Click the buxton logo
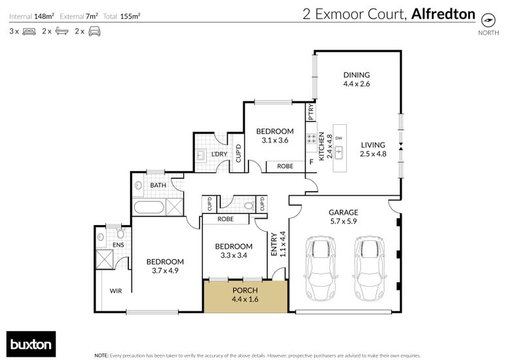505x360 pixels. (31, 344)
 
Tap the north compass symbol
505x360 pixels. (488, 20)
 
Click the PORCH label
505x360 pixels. (245, 291)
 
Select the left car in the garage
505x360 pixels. (321, 268)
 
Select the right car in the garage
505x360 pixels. (370, 268)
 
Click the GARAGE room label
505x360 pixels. (343, 212)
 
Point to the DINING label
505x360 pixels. (357, 75)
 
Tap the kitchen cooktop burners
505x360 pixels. (311, 139)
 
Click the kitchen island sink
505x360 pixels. (339, 153)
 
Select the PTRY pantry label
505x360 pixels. (311, 112)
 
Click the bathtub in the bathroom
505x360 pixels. (149, 207)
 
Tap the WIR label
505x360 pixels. (116, 291)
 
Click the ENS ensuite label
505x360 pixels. (118, 245)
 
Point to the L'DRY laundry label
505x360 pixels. (219, 154)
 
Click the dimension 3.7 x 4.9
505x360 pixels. (165, 271)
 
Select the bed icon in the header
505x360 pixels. (29, 31)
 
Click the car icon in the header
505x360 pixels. (94, 31)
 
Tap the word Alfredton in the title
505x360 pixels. (443, 14)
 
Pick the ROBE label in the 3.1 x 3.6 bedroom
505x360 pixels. (285, 166)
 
